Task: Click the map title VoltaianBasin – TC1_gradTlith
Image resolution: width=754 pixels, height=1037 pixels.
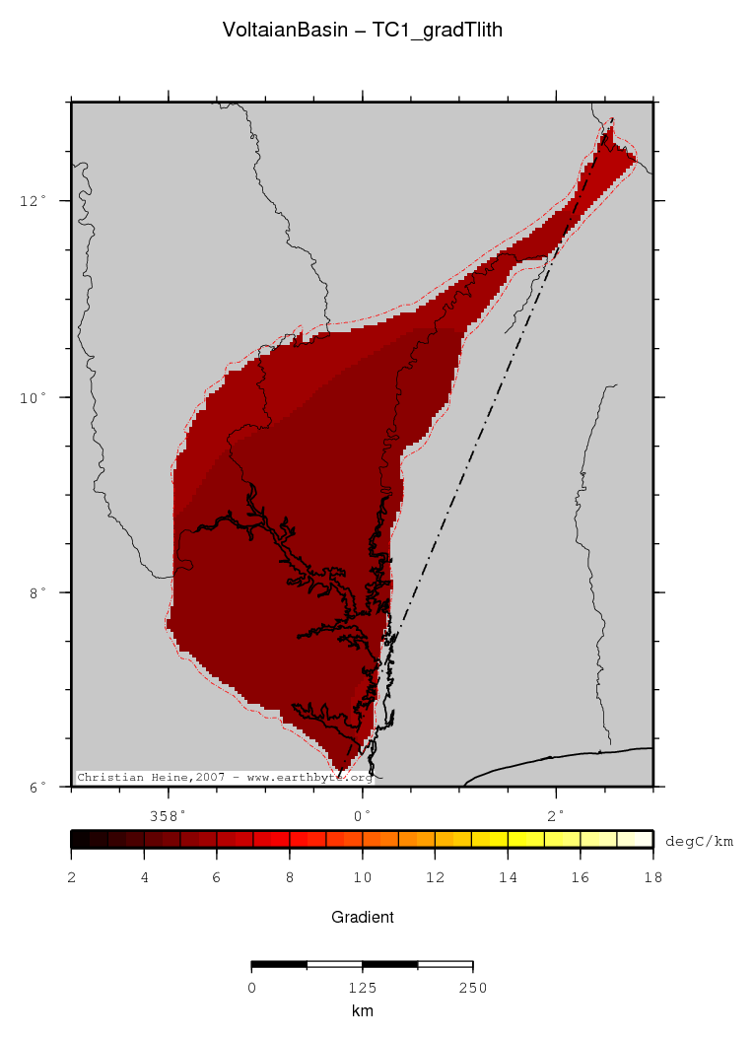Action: coord(363,31)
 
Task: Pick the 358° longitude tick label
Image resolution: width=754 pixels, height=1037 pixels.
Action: coord(168,815)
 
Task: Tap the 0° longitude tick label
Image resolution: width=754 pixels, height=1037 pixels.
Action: coord(363,815)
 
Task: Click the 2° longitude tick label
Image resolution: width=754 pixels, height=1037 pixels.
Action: coord(557,815)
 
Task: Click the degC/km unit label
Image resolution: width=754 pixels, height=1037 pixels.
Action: coord(699,841)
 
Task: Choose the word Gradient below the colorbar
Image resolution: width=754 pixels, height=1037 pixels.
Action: coord(363,917)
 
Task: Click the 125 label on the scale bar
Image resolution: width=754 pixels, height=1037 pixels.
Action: coord(362,987)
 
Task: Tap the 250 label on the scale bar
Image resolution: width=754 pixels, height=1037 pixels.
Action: coord(473,987)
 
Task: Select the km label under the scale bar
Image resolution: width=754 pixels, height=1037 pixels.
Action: coord(362,1010)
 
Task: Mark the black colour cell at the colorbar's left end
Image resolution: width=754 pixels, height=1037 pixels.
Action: coord(80,840)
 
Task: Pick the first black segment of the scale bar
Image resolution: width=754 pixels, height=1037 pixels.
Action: coord(279,964)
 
